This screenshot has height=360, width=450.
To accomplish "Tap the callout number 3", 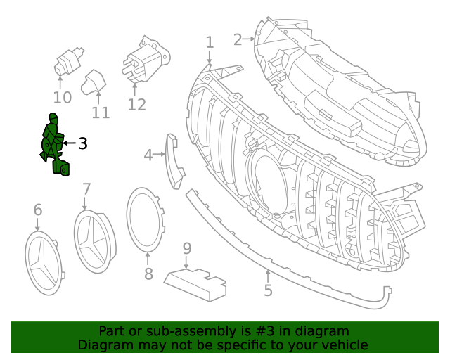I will [83, 144].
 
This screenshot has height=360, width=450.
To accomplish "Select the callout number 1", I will [209, 43].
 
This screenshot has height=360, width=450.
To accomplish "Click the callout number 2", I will [238, 39].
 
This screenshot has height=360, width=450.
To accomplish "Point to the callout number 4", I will [148, 155].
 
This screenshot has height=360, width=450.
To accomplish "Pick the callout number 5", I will [268, 290].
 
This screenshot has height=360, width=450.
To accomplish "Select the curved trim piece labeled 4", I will [173, 161].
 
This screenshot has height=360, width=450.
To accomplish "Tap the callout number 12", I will [136, 105].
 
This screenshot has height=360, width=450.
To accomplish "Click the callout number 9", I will [187, 248].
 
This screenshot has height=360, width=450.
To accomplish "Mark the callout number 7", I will [86, 189].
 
